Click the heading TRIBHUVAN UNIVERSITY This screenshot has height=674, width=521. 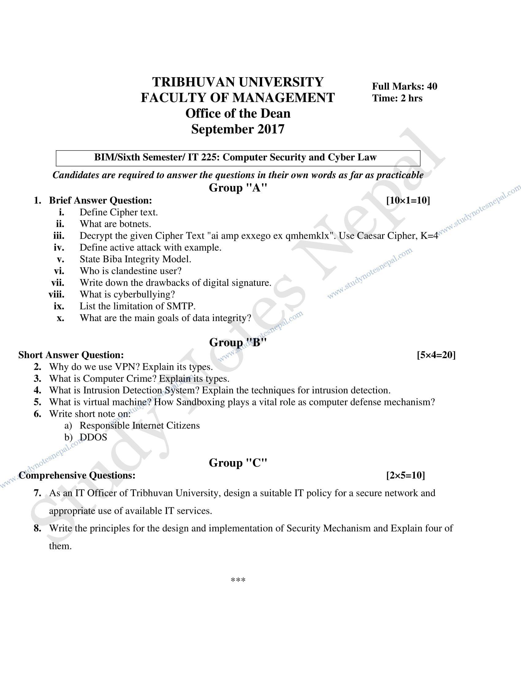click(x=238, y=82)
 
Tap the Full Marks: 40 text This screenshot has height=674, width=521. click(x=404, y=86)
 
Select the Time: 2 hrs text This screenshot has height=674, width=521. click(x=397, y=98)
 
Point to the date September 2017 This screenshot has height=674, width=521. click(x=238, y=129)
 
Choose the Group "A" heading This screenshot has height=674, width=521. click(x=238, y=187)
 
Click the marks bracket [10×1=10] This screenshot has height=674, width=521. click(x=408, y=200)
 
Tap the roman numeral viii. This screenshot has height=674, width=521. click(x=56, y=294)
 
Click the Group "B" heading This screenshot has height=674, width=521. click(x=238, y=342)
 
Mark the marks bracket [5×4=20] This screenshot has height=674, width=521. click(x=436, y=355)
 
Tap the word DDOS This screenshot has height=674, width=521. click(x=93, y=437)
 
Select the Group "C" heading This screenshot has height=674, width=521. click(x=238, y=463)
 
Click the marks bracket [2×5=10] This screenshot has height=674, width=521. click(x=405, y=475)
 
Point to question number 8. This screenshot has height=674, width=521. click(x=37, y=528)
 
